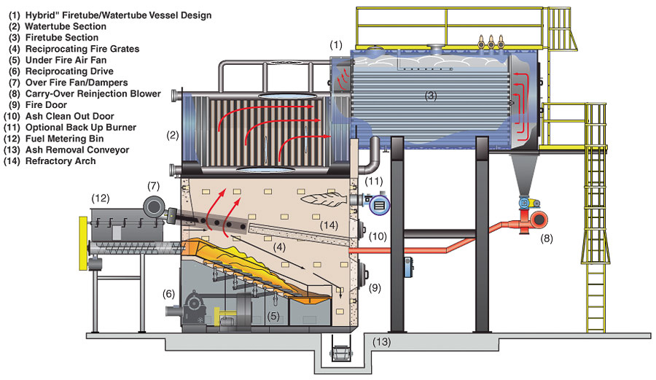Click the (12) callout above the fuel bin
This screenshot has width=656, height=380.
click(x=101, y=197)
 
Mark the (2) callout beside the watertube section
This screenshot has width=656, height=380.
click(x=172, y=135)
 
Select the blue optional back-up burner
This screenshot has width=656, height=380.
click(x=377, y=205)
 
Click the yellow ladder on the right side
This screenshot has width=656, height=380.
click(x=598, y=248)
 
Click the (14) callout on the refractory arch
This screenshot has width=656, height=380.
click(x=330, y=227)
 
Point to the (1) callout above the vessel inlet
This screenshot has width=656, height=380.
click(x=335, y=45)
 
